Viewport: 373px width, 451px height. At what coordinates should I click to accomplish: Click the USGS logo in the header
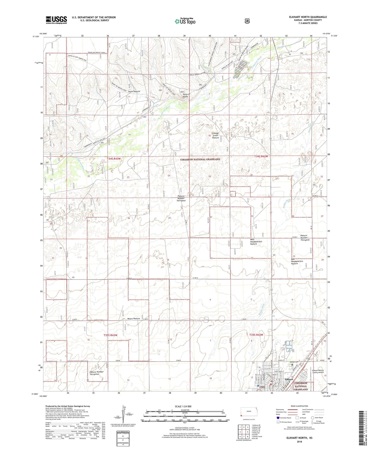(56, 20)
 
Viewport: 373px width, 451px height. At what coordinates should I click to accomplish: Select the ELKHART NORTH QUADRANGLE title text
(308, 17)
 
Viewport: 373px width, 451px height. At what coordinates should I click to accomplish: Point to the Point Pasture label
(134, 91)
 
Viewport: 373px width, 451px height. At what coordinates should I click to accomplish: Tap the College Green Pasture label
(215, 135)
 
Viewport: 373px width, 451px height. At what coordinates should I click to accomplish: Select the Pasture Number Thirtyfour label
(181, 198)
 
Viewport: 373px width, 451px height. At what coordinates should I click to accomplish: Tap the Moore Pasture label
(134, 319)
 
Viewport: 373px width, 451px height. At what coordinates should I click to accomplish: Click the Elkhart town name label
(289, 379)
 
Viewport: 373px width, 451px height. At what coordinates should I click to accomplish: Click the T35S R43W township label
(110, 335)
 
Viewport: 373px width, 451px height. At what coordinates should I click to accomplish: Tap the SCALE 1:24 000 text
(183, 406)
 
